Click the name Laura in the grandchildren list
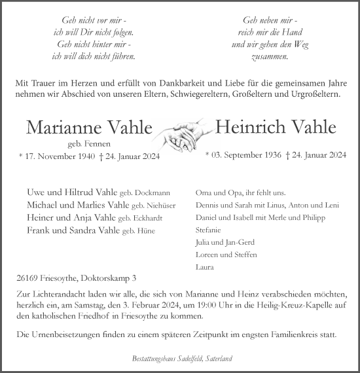tap(204, 267)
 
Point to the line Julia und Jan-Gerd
tap(223, 243)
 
